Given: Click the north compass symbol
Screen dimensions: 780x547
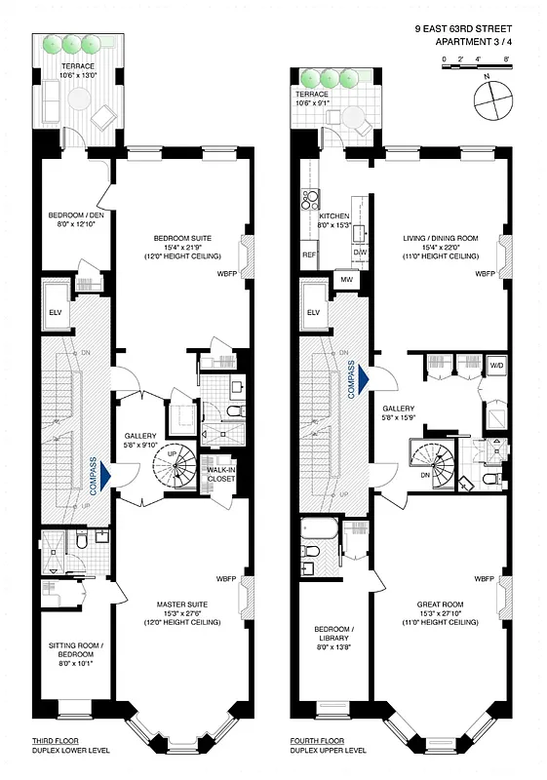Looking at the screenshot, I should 493,99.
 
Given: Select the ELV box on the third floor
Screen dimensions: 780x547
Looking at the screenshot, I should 55,312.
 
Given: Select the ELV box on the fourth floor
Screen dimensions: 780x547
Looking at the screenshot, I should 313,312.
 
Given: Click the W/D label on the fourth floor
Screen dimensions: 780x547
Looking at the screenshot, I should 496,367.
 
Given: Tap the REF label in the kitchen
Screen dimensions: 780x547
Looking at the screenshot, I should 308,254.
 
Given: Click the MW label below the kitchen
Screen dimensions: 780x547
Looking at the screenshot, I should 346,281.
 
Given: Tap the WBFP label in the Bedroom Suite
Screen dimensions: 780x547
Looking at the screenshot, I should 227,274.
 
